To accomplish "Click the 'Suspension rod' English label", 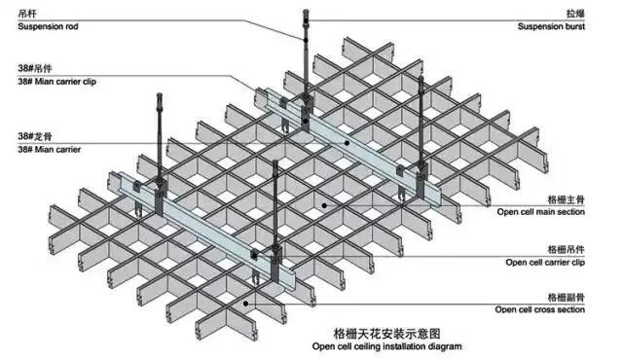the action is click(48, 26).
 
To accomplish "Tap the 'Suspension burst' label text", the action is click(551, 26).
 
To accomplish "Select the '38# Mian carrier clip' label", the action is click(56, 82).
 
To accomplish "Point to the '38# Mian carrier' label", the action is click(50, 150).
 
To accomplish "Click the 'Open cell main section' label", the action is click(541, 212).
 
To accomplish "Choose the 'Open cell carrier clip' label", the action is click(545, 263).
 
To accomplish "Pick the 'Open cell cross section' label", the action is click(540, 309).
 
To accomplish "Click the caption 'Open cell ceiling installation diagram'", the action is click(387, 346).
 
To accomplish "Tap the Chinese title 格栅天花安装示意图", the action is click(387, 333).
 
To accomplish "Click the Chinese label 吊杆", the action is click(27, 14).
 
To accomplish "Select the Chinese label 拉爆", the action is click(575, 14).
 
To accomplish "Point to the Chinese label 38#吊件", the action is click(35, 68).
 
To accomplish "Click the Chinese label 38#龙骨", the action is click(35, 136).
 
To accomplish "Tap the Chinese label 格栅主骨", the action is click(567, 199).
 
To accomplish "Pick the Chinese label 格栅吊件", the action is click(567, 250).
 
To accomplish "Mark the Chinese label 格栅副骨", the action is click(567, 298).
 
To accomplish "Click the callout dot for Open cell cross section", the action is click(246, 304).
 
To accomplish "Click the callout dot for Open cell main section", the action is click(324, 205).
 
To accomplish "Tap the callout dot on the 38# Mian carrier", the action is click(347, 143).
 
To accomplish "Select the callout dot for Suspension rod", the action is click(306, 40).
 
